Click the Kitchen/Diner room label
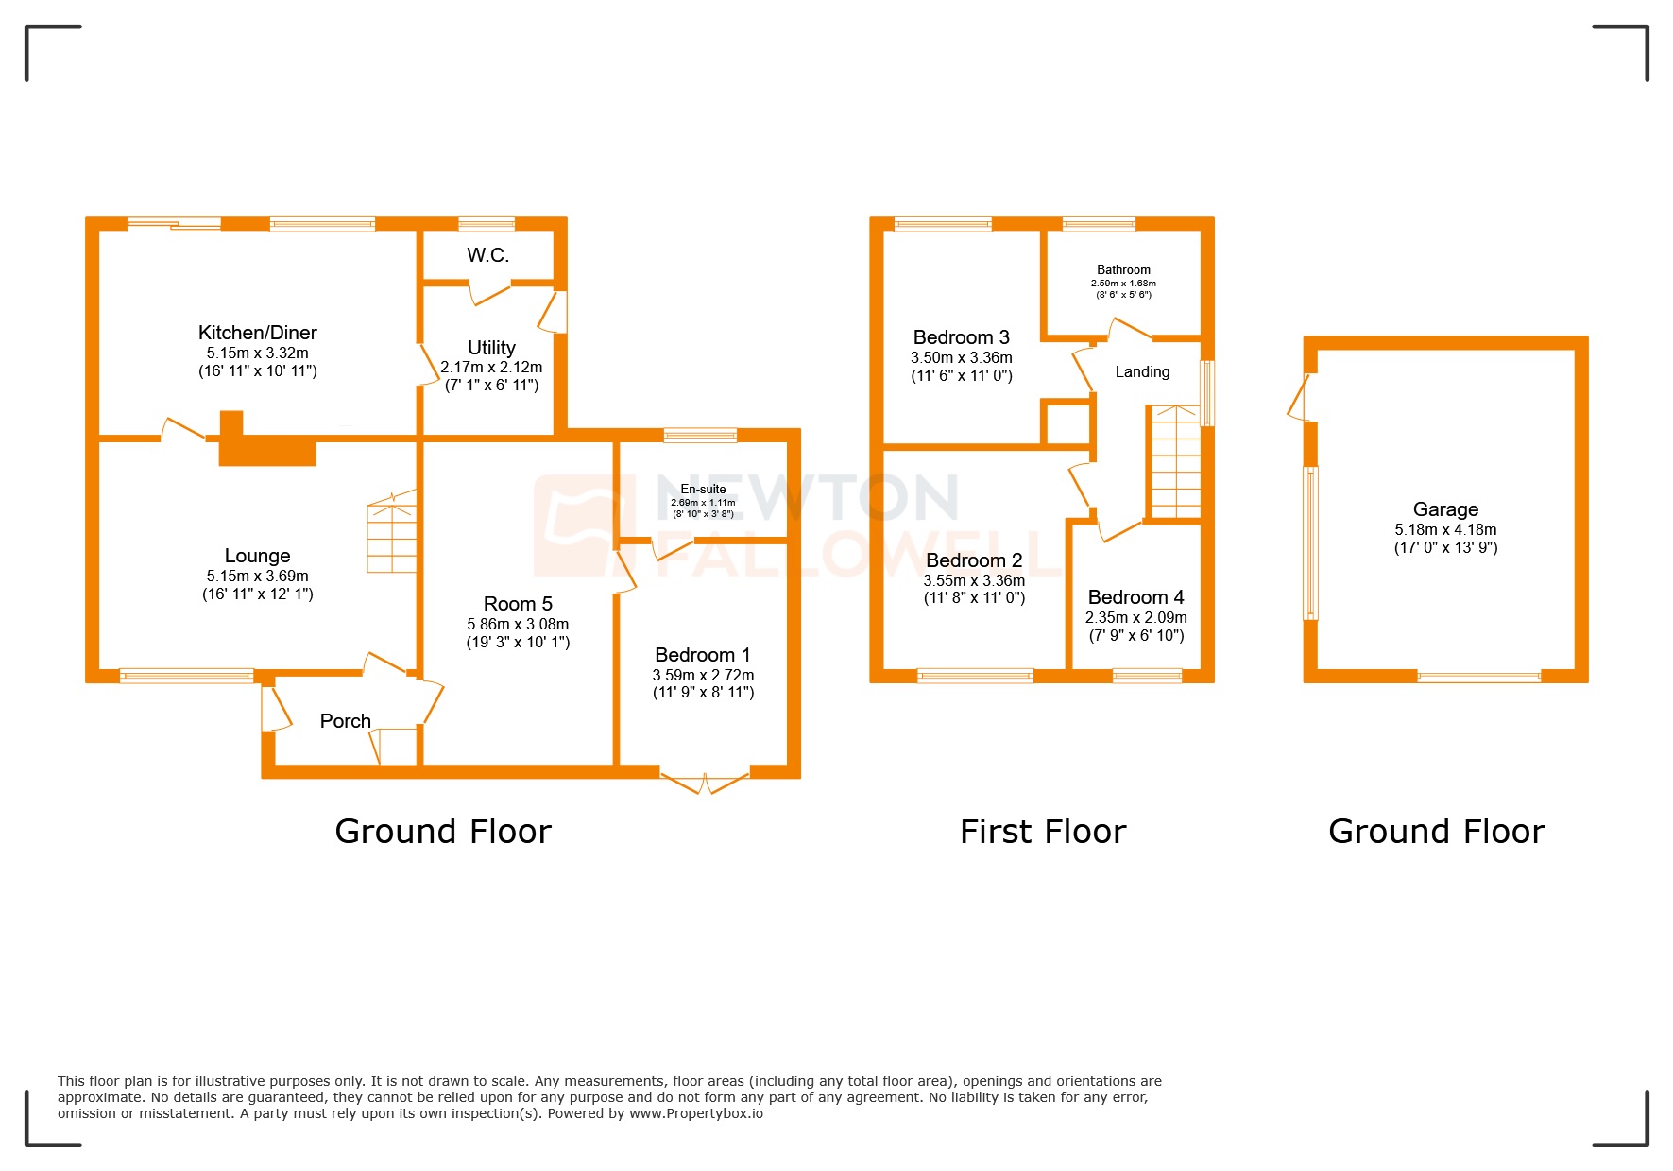click(257, 333)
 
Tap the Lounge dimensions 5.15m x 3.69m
click(257, 576)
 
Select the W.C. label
click(487, 255)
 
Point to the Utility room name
click(491, 348)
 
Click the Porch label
click(345, 721)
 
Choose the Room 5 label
click(517, 604)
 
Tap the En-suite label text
click(703, 490)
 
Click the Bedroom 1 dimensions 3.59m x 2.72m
click(703, 675)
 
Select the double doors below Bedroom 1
click(705, 783)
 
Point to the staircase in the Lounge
click(392, 534)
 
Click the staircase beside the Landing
click(1175, 463)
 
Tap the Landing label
click(1142, 372)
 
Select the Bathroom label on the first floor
click(1123, 270)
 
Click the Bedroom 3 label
click(961, 337)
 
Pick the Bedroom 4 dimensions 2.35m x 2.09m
click(1135, 617)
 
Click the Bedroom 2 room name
click(973, 560)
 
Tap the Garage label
click(1445, 509)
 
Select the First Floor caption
click(1042, 832)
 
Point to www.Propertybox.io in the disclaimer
click(695, 1113)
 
